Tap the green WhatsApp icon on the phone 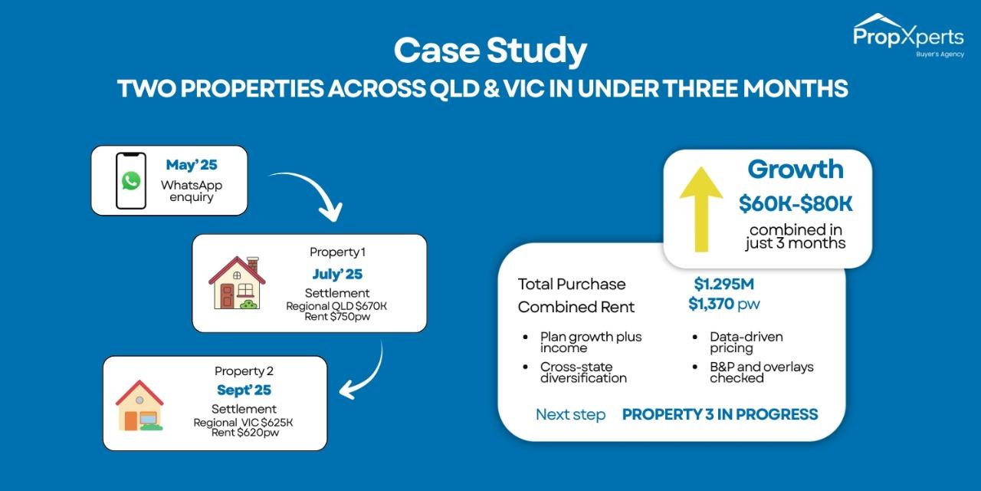click(x=131, y=181)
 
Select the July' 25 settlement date click(x=337, y=274)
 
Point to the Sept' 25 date click(x=244, y=390)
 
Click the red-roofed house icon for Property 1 click(x=237, y=283)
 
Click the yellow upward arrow click(x=700, y=209)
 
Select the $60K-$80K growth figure click(x=796, y=204)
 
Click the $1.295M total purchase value click(x=723, y=284)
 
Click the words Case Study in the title click(x=490, y=51)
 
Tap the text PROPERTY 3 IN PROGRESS click(x=720, y=414)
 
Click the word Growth click(x=796, y=169)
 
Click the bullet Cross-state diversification click(x=582, y=372)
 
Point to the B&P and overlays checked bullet click(x=760, y=372)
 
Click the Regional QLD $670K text click(x=336, y=306)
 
